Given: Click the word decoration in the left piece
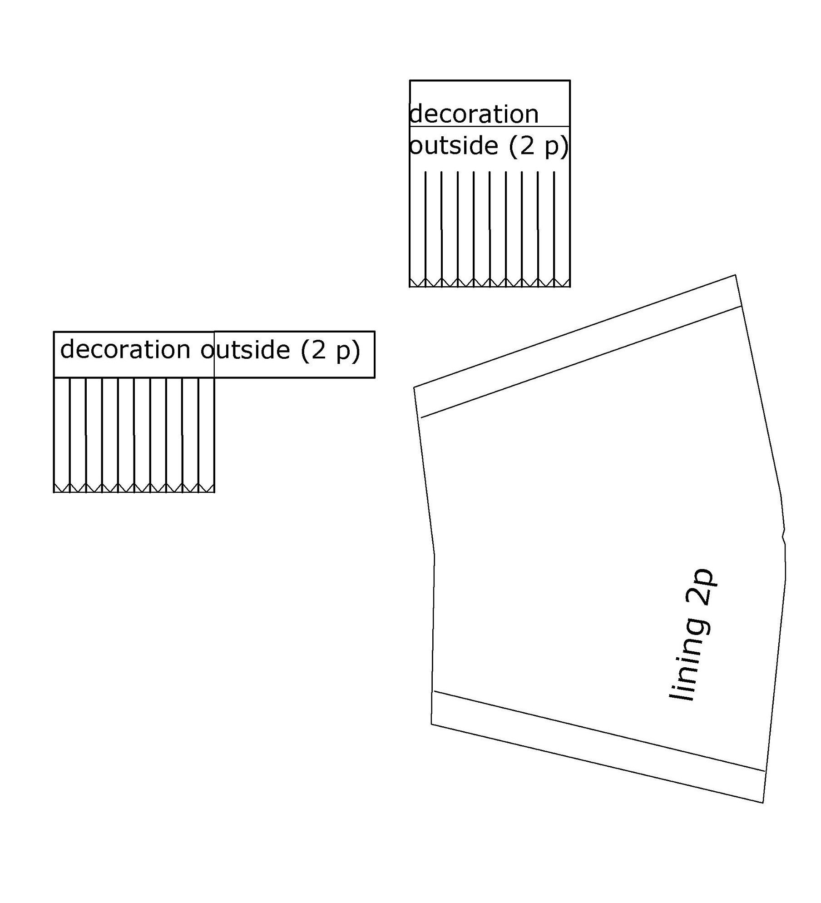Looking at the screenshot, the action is point(125,349).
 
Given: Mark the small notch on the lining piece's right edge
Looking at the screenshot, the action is point(784,536).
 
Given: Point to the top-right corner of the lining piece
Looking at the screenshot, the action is point(735,275).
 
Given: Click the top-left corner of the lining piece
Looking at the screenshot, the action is point(414,387).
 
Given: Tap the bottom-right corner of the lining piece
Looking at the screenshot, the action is point(763,803).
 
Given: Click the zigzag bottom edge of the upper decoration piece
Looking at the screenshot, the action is point(490,283).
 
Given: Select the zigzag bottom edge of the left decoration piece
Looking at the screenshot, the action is point(134,488).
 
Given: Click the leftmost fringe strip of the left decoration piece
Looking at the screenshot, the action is point(62,435).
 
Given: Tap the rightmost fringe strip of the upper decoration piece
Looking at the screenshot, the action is point(562,229).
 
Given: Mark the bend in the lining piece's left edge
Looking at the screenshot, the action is point(434,554).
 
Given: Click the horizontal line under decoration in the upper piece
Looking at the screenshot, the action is point(490,126).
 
